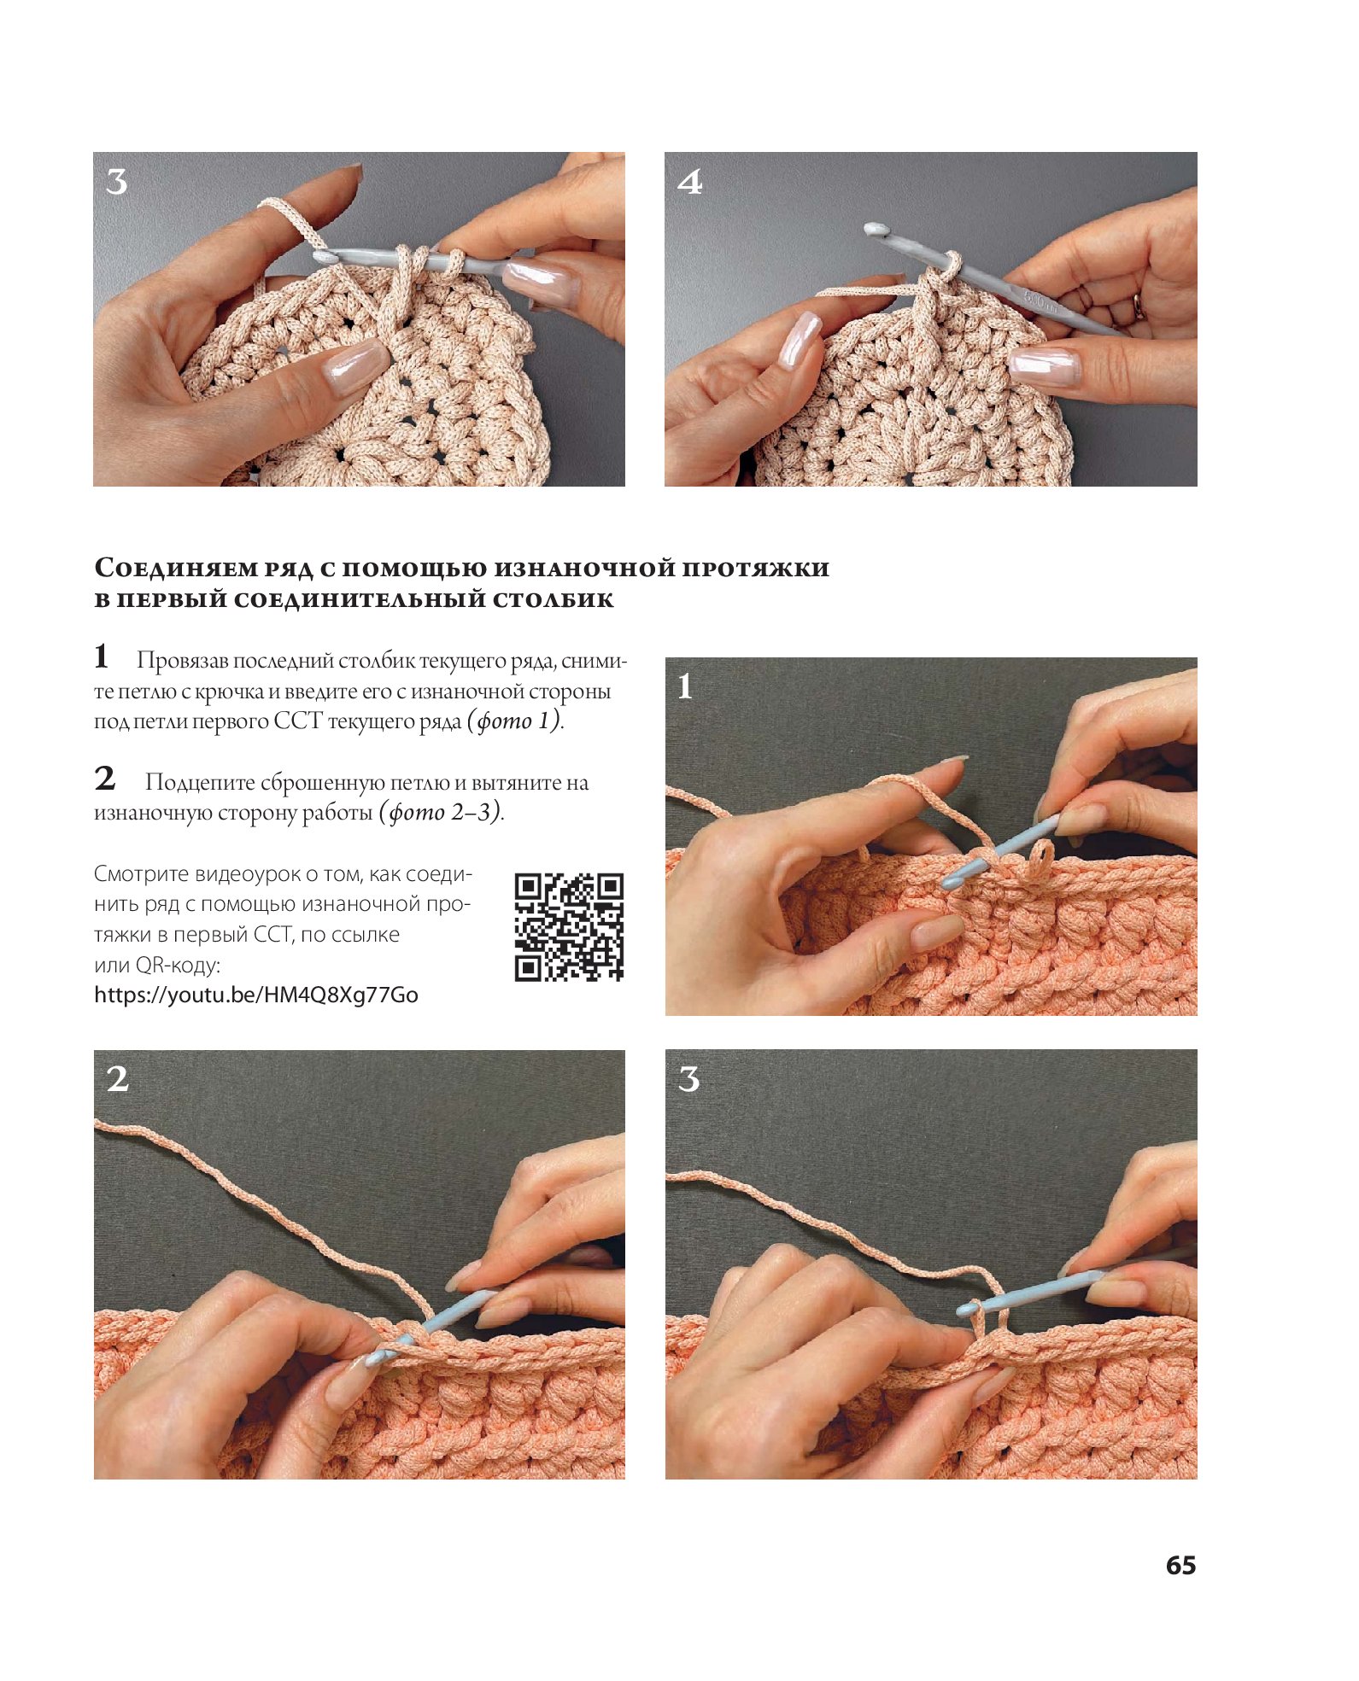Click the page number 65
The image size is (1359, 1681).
click(1180, 1565)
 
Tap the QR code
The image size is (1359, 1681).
click(569, 926)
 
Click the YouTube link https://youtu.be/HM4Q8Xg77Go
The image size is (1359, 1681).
click(256, 995)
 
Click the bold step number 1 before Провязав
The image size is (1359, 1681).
click(102, 657)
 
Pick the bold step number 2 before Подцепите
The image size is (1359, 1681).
click(104, 778)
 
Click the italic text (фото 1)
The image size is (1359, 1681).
click(515, 721)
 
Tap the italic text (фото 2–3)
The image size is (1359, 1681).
click(441, 812)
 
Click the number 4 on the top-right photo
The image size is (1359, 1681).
click(690, 182)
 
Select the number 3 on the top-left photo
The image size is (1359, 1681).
click(117, 182)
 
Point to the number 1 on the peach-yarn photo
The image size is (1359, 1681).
click(685, 686)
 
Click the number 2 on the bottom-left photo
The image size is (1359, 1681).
click(118, 1079)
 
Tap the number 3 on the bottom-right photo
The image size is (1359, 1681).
click(688, 1079)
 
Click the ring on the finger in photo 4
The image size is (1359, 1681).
click(1139, 306)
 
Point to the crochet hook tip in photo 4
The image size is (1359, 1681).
click(871, 229)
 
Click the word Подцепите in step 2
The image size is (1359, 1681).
click(201, 783)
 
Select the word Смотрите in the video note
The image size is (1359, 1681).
click(141, 874)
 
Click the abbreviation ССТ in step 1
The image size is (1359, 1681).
click(297, 721)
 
